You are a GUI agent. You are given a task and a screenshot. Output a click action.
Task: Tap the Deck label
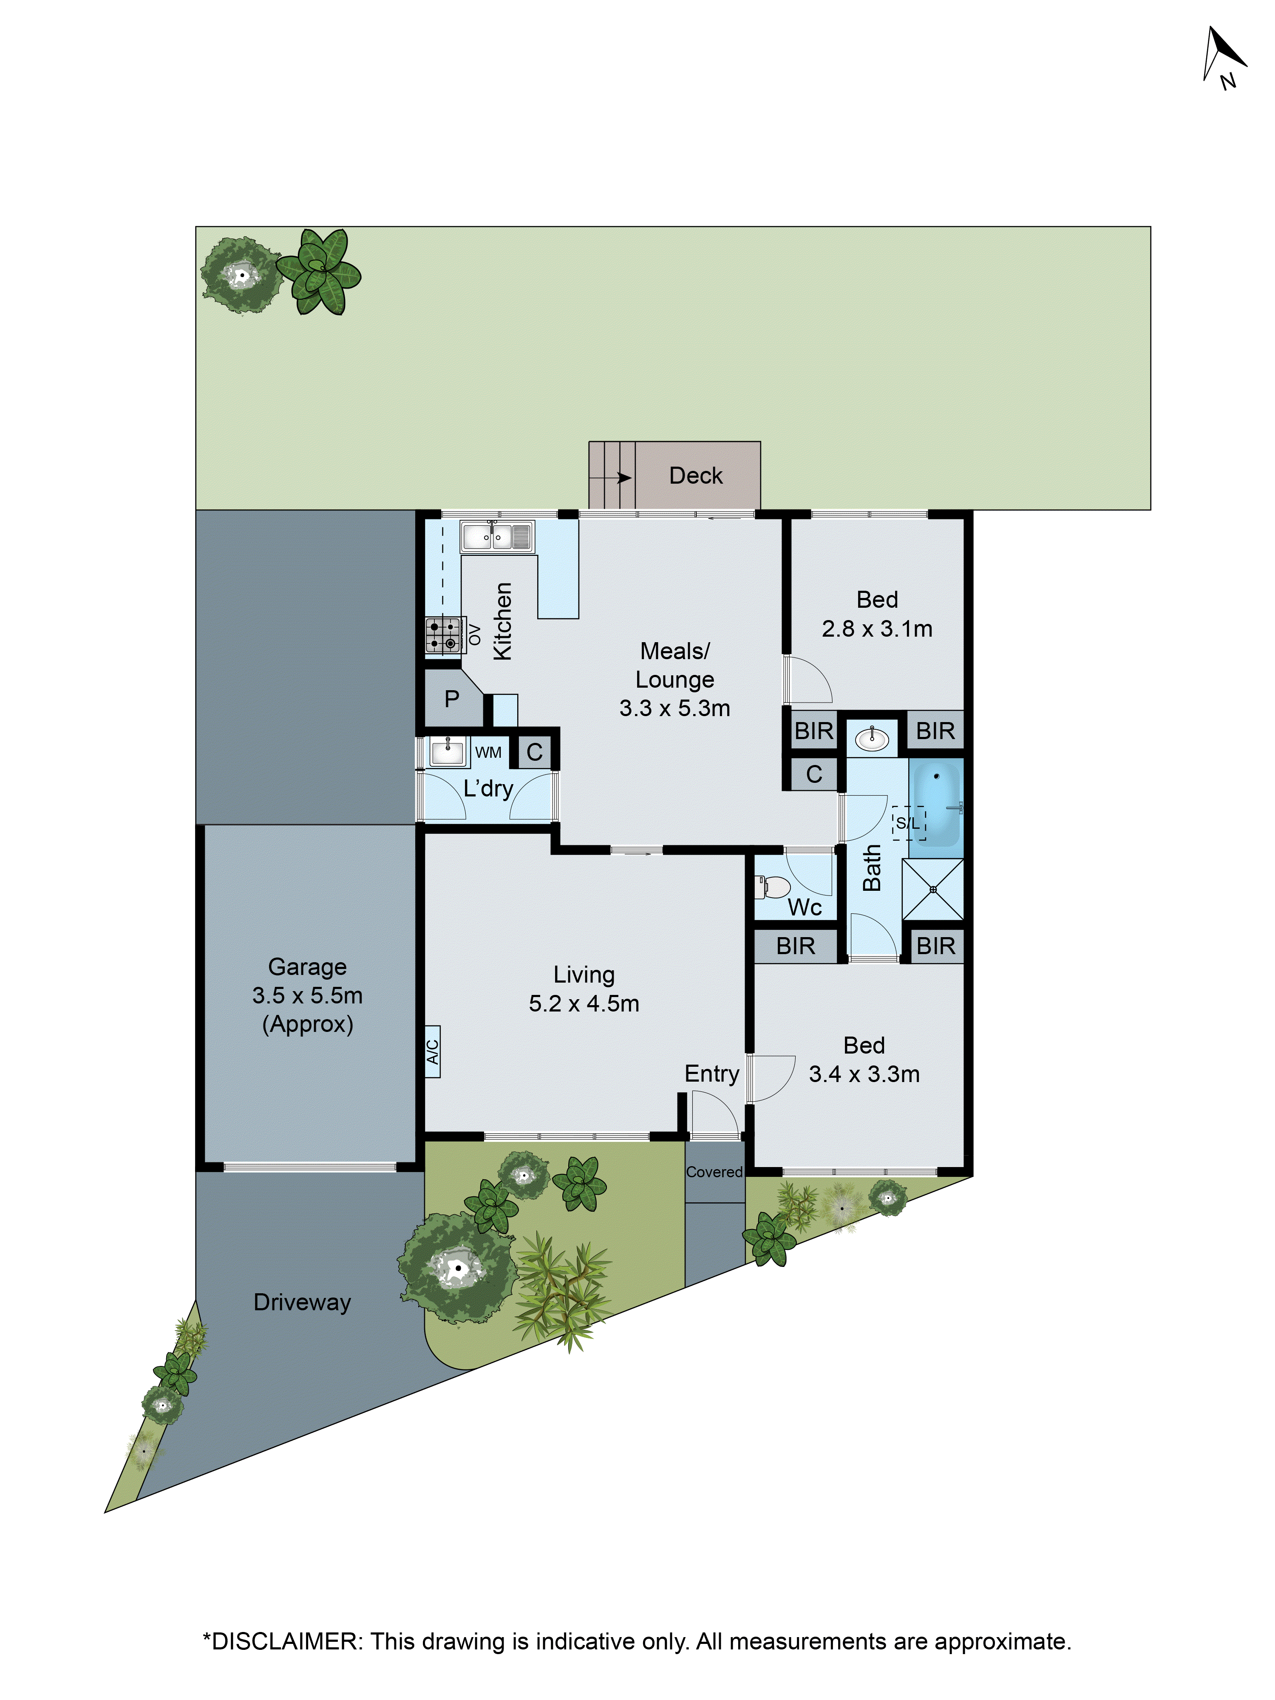click(696, 476)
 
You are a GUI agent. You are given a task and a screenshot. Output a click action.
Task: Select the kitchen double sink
click(496, 536)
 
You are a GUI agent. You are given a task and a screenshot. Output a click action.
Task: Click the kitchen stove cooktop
click(443, 635)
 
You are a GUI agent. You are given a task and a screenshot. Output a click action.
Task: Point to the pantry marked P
click(452, 699)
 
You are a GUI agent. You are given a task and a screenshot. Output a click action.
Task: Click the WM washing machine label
click(488, 752)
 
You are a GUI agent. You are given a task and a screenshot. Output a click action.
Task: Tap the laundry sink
click(447, 751)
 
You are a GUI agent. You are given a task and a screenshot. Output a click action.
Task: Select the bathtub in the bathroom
click(937, 802)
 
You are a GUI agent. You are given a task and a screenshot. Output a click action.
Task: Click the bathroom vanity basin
click(872, 739)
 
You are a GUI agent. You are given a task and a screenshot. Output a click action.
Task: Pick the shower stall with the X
click(932, 889)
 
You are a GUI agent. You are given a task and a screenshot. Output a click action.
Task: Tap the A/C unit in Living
click(433, 1051)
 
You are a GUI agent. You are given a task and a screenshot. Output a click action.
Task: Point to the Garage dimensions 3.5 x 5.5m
click(307, 995)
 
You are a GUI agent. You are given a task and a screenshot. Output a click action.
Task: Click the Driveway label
click(302, 1302)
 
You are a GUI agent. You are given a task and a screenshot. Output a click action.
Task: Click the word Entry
click(712, 1074)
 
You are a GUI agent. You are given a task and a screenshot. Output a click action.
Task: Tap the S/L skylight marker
click(908, 823)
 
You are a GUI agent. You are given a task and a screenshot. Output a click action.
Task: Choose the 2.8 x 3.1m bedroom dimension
click(877, 629)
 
